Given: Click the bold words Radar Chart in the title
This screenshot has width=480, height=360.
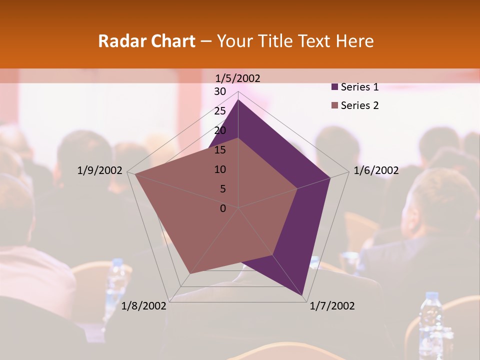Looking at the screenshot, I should pyautogui.click(x=146, y=41).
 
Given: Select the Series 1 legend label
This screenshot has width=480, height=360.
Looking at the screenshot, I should pyautogui.click(x=359, y=87).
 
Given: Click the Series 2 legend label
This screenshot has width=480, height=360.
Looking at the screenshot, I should pyautogui.click(x=359, y=105).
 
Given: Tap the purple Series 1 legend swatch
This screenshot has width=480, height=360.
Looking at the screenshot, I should pyautogui.click(x=334, y=87).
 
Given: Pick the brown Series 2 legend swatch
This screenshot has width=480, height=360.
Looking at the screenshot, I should pyautogui.click(x=334, y=105).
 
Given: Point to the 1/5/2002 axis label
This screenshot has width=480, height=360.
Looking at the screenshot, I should pyautogui.click(x=237, y=78).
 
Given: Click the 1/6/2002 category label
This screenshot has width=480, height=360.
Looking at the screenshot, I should pyautogui.click(x=376, y=170).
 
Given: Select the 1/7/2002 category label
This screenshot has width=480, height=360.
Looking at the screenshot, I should pyautogui.click(x=332, y=306).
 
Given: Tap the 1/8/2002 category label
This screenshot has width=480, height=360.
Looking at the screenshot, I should pyautogui.click(x=144, y=306).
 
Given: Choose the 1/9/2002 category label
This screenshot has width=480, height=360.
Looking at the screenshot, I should pyautogui.click(x=99, y=170).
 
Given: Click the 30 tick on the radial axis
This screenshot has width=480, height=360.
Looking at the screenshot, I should pyautogui.click(x=220, y=91).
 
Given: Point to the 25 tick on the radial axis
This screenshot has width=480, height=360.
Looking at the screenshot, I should pyautogui.click(x=220, y=111).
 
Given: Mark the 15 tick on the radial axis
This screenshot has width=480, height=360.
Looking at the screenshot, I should pyautogui.click(x=220, y=150).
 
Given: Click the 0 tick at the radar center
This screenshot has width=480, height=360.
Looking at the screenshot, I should pyautogui.click(x=223, y=208).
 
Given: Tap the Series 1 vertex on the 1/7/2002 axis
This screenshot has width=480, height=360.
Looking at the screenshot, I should pyautogui.click(x=303, y=296).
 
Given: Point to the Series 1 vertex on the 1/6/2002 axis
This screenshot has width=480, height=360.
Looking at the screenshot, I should pyautogui.click(x=330, y=177).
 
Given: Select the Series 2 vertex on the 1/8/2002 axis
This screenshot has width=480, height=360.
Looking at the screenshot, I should pyautogui.click(x=190, y=273).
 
